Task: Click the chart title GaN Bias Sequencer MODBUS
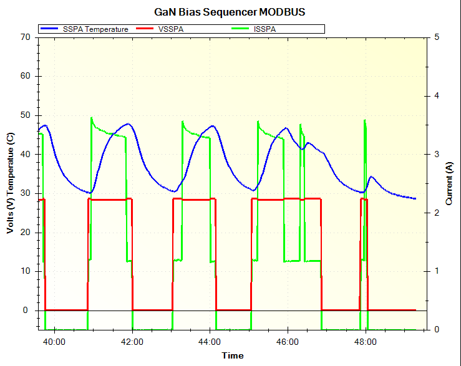click(x=230, y=12)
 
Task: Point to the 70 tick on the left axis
click(x=26, y=37)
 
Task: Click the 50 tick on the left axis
click(x=26, y=115)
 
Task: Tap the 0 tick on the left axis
click(x=28, y=311)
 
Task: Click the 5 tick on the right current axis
click(x=436, y=37)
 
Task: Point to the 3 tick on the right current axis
click(x=436, y=154)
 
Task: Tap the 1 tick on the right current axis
click(x=436, y=271)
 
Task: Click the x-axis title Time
click(x=232, y=355)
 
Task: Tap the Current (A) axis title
click(x=449, y=181)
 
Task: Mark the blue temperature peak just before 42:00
click(x=128, y=123)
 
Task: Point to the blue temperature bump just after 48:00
click(x=372, y=177)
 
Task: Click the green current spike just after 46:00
click(x=301, y=125)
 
